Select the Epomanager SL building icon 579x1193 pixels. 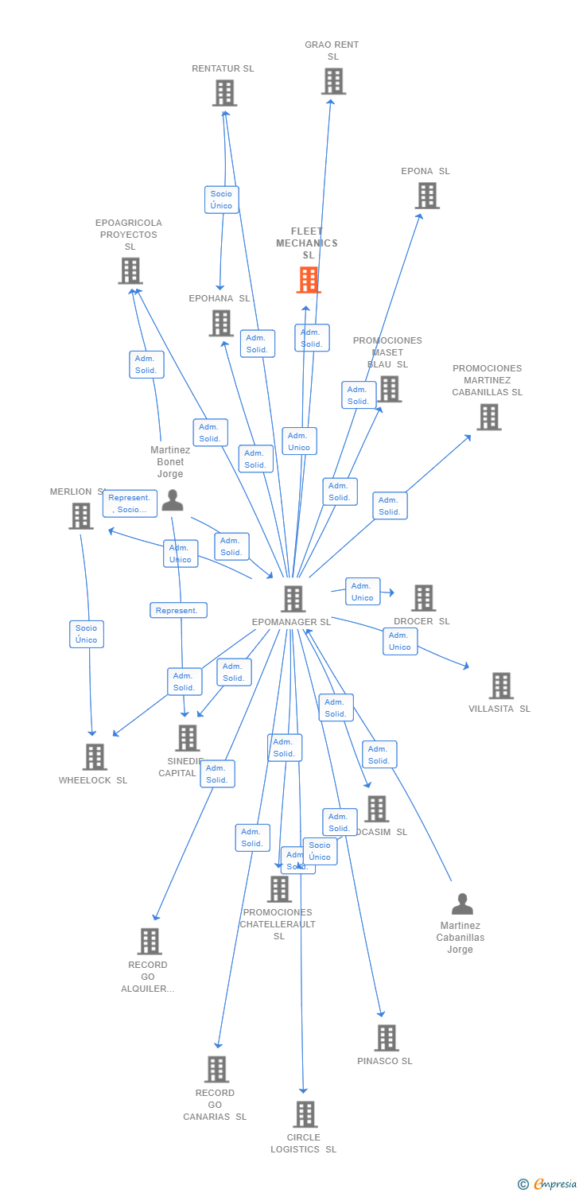(x=293, y=599)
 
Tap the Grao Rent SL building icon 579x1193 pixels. (x=333, y=81)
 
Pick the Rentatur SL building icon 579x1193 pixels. (x=224, y=93)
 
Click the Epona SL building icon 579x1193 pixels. (x=427, y=196)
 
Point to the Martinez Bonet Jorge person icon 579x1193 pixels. (x=173, y=500)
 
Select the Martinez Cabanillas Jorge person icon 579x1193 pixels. (x=462, y=904)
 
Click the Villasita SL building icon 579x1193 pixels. (x=501, y=686)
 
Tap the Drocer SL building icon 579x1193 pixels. (x=423, y=598)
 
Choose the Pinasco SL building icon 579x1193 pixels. (x=387, y=1038)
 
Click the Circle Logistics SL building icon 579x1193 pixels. (x=305, y=1114)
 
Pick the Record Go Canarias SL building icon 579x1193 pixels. (x=216, y=1070)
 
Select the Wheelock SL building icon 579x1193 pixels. (x=95, y=757)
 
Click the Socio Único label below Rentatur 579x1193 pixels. (x=221, y=200)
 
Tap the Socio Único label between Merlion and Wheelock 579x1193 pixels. (x=87, y=634)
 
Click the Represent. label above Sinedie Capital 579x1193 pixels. (x=178, y=610)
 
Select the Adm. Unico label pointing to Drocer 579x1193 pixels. (x=363, y=592)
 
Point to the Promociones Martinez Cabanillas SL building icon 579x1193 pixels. (x=488, y=417)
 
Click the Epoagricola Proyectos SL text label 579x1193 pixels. (x=129, y=235)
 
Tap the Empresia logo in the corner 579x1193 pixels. (x=547, y=1184)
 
